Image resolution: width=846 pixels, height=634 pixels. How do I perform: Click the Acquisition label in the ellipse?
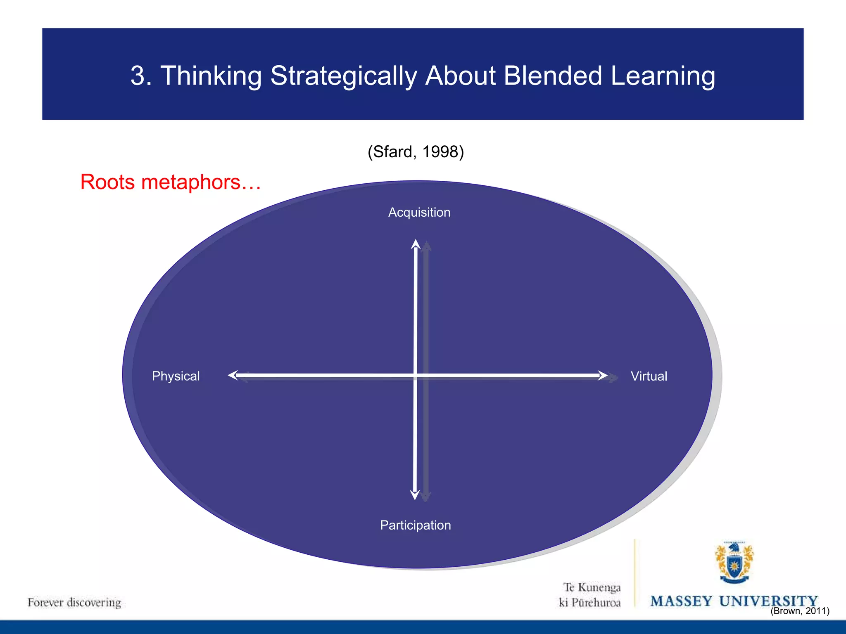tap(419, 212)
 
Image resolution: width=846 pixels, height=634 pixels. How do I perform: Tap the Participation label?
tap(415, 525)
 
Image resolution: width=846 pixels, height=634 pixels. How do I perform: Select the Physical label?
tap(176, 376)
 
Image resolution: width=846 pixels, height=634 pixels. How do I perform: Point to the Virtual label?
tap(649, 376)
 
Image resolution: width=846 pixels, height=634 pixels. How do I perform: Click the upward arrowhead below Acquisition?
tap(416, 244)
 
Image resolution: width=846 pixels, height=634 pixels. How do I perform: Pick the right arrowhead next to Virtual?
tap(603, 375)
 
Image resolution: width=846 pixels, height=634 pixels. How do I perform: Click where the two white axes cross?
tap(415, 375)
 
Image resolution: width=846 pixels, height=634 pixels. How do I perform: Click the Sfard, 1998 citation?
tap(416, 152)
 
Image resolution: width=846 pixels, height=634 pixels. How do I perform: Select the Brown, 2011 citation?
tap(800, 611)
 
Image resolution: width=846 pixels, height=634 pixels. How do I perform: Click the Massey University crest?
tap(734, 563)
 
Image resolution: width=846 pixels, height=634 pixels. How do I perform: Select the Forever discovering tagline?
tap(74, 602)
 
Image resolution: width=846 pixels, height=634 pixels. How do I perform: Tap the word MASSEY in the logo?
tap(681, 601)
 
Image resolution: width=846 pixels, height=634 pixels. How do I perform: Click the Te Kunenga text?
tap(592, 587)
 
